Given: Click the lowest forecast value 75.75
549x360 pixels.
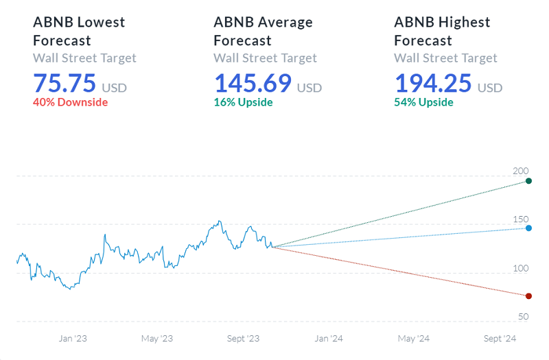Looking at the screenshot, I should click(65, 84).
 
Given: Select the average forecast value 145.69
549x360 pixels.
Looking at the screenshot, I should click(253, 84).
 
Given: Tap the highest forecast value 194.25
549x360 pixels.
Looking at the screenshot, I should click(433, 84).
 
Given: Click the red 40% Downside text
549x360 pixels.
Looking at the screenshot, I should click(70, 102).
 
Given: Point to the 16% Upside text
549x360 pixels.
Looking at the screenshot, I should click(243, 102).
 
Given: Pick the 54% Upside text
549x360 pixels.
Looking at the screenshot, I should click(423, 102).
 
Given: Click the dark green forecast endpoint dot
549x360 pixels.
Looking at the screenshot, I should click(528, 181).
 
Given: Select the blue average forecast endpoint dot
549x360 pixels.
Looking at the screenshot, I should click(528, 228).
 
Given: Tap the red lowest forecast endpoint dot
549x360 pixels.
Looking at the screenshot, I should click(528, 296).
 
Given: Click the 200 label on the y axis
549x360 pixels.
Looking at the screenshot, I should click(521, 171).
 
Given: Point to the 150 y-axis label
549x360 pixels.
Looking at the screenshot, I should click(521, 219).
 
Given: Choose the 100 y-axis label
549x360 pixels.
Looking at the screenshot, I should click(521, 268).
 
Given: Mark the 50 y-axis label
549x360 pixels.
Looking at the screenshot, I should click(523, 316).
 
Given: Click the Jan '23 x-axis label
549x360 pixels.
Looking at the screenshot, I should click(73, 338).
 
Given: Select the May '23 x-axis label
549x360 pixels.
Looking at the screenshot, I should click(157, 338).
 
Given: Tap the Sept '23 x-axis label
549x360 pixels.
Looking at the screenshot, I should click(243, 338).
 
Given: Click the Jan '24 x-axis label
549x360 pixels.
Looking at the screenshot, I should click(329, 338).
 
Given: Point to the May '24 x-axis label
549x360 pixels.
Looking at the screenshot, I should click(414, 338).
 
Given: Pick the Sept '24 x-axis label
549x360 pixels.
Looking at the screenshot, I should click(499, 338).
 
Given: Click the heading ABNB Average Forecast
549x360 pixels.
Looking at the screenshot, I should click(263, 31).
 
